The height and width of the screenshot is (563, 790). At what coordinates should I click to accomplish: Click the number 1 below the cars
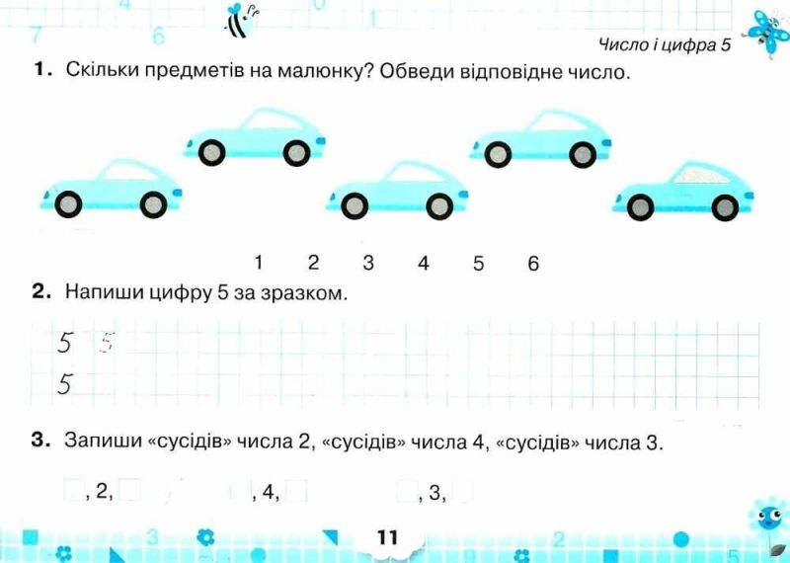tap(259, 263)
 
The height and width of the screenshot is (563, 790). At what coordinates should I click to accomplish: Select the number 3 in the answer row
tap(368, 263)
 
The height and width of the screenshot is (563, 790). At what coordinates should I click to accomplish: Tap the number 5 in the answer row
tap(478, 263)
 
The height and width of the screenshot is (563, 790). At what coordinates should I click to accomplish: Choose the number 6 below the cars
tap(533, 263)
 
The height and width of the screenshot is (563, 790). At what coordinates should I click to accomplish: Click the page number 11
tap(387, 537)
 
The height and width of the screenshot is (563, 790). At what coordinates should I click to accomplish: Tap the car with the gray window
tap(683, 191)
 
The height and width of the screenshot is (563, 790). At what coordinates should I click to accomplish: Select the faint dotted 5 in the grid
tap(107, 342)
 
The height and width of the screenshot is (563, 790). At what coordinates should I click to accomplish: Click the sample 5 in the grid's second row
tap(64, 384)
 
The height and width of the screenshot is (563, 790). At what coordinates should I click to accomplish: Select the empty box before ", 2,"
tap(73, 491)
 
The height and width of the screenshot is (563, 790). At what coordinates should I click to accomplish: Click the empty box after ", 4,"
tap(296, 491)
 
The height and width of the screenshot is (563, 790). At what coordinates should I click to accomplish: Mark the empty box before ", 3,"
tap(407, 491)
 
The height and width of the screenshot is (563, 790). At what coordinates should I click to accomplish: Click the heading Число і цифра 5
tap(665, 44)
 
